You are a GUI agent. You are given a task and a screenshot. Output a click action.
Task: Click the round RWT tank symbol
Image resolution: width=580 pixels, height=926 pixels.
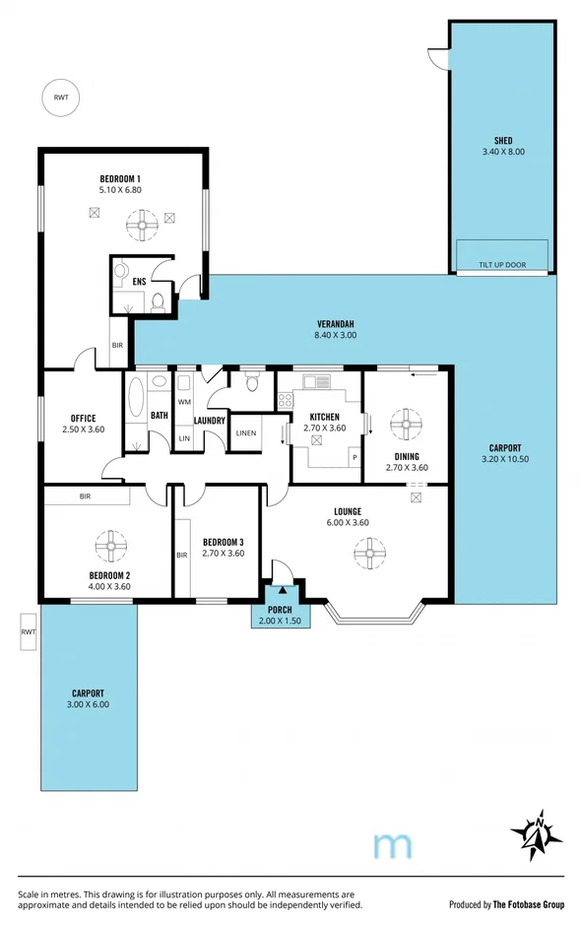61,97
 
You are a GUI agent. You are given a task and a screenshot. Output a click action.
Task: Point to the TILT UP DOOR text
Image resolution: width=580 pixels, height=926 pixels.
502,265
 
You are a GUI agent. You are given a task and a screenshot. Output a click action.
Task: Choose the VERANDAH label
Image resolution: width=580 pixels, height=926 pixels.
335,324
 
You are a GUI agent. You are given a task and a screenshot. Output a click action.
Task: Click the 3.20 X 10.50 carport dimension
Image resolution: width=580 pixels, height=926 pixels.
504,458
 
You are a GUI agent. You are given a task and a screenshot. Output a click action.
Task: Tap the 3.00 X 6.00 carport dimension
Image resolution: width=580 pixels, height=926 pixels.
90,704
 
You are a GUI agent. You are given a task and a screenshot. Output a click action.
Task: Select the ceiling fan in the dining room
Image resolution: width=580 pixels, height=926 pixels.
403,425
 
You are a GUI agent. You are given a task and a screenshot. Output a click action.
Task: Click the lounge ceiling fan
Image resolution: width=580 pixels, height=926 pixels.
368,556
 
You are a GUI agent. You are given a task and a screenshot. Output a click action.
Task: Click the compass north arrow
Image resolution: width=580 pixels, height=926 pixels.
538,834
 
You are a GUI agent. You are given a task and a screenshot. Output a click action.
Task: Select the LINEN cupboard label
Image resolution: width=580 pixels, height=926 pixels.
245,432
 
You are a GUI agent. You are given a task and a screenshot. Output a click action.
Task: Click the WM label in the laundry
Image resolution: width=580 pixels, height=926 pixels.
184,402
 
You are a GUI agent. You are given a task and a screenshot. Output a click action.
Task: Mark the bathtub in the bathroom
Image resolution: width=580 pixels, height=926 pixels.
135,411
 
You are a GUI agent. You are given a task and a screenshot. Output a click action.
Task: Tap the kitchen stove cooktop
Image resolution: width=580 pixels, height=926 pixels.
286,400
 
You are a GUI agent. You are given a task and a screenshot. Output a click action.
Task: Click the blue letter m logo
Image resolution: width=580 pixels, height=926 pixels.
394,844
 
